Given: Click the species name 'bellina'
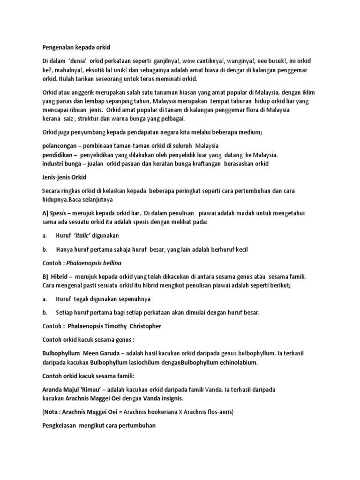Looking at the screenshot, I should pos(115,263).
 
